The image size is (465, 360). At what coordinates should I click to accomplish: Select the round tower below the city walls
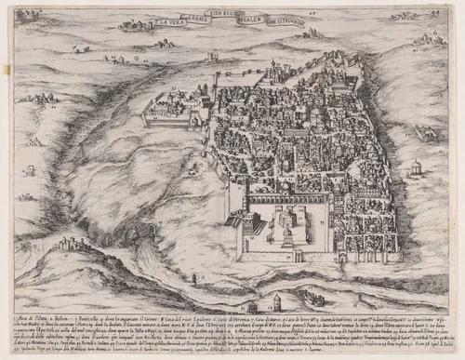(276, 302)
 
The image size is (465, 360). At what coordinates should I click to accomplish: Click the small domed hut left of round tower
(250, 305)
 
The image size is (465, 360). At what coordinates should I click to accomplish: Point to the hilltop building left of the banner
(139, 26)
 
